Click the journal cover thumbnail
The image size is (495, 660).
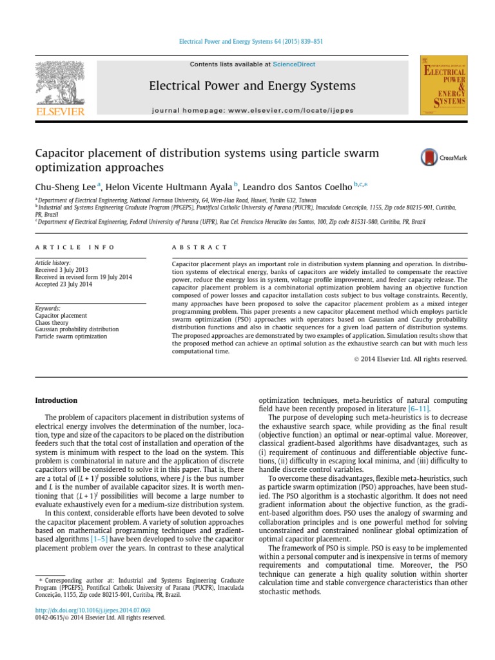(443, 85)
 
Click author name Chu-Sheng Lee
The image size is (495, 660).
(64, 186)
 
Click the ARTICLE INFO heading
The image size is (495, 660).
(75, 247)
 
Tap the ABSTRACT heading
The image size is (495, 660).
(200, 247)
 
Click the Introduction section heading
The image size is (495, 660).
(56, 400)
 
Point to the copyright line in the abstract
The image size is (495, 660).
(415, 359)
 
